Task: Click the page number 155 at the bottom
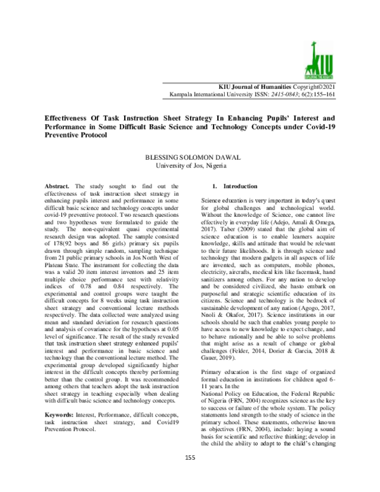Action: (x=189, y=476)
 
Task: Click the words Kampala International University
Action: (x=210, y=94)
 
